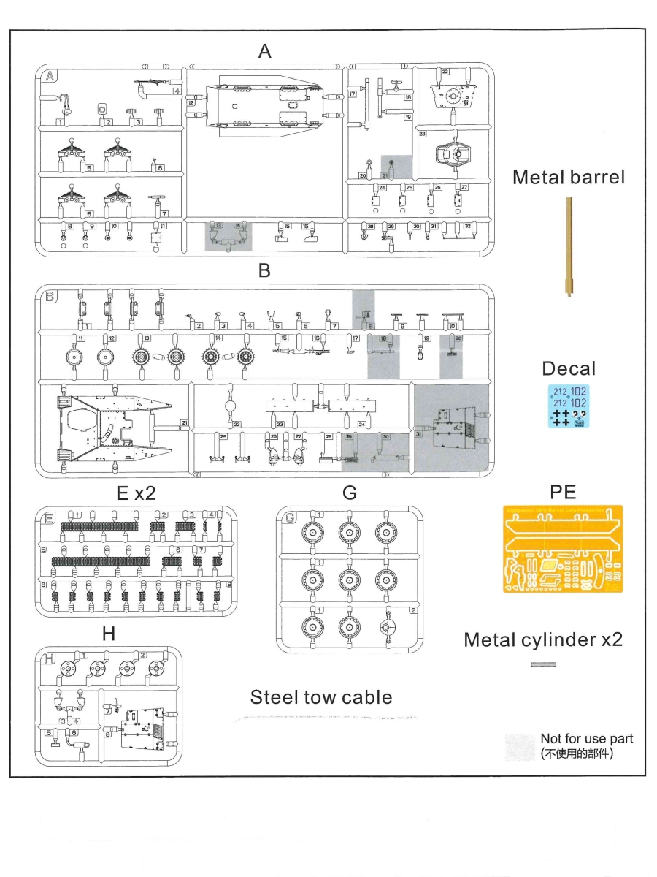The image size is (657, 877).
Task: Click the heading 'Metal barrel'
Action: (x=569, y=177)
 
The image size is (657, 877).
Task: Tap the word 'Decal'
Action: (x=569, y=368)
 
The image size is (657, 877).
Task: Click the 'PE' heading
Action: (x=563, y=490)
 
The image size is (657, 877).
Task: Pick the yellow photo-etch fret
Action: (x=563, y=548)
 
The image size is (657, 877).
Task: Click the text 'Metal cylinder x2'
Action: (x=543, y=639)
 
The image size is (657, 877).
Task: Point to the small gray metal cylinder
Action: (x=543, y=664)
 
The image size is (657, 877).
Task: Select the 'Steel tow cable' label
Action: (x=321, y=697)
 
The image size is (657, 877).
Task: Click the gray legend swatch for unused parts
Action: (x=520, y=746)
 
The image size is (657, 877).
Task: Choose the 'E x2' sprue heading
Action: (x=136, y=493)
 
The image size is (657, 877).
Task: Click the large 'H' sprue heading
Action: (x=108, y=634)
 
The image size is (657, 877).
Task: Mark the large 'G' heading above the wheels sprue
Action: (x=350, y=493)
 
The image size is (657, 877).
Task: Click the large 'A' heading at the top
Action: (x=264, y=50)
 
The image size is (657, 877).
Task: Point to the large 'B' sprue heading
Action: (x=264, y=270)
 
